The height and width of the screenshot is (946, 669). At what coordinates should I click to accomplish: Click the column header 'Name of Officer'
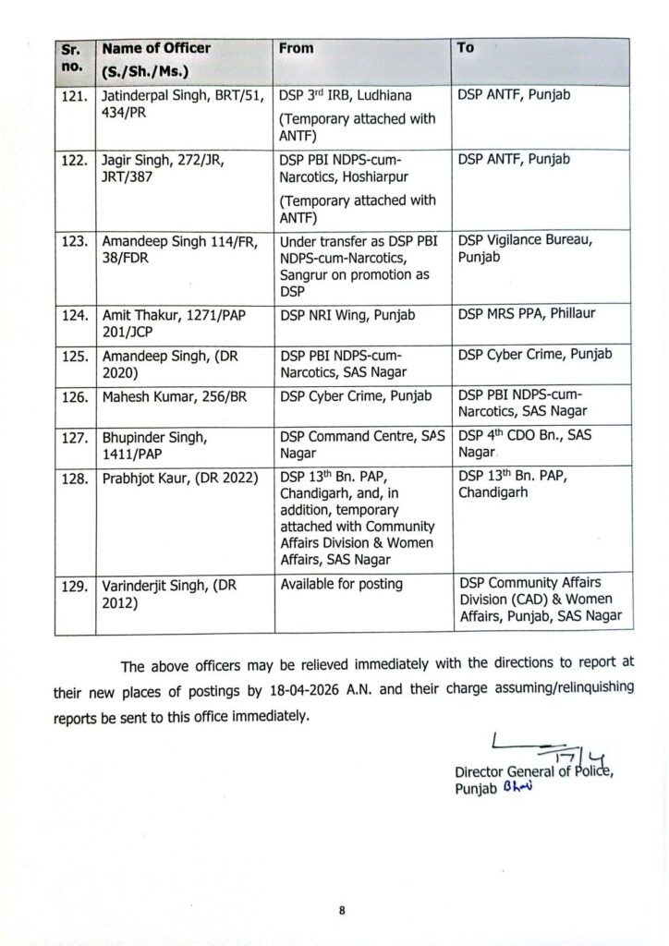click(x=156, y=48)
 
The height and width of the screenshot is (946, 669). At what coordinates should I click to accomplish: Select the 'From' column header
click(x=297, y=48)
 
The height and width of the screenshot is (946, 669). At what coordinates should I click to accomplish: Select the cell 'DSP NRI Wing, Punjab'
click(x=347, y=315)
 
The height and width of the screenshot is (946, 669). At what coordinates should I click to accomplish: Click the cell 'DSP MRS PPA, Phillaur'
click(x=527, y=315)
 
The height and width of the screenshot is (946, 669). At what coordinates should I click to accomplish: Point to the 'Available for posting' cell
click(x=341, y=585)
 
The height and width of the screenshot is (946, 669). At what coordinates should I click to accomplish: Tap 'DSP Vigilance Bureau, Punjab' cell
click(x=526, y=248)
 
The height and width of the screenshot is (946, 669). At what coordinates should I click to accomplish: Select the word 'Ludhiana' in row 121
click(x=404, y=95)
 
